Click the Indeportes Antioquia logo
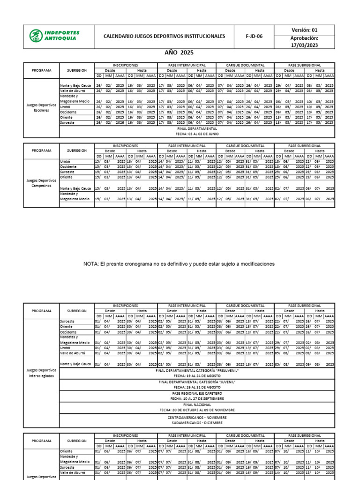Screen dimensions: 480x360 tap(55, 36)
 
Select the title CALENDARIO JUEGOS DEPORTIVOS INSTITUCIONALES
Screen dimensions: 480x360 tap(164, 37)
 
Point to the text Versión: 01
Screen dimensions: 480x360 tap(304, 30)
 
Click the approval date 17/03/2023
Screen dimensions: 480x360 tap(304, 45)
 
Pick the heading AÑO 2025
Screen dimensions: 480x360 tap(178, 53)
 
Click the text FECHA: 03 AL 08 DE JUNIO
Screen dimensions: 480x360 tap(197, 133)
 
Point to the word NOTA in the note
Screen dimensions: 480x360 tap(92, 264)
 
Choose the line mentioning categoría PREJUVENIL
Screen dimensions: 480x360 tap(197, 370)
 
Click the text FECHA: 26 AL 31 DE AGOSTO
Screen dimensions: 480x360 tap(197, 388)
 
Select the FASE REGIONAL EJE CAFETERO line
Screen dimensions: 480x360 tap(197, 393)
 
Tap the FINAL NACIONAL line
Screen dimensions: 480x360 tap(197, 404)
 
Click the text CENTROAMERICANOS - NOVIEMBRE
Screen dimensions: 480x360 tap(197, 417)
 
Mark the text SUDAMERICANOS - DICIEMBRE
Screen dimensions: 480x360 tap(197, 422)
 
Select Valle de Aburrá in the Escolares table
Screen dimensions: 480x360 tap(72, 91)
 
